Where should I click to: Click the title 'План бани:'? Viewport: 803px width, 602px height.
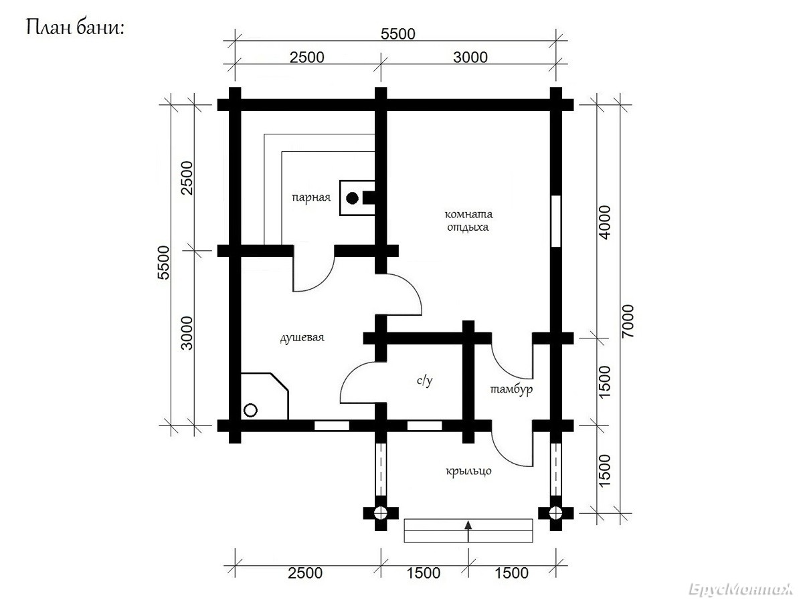pos(75,28)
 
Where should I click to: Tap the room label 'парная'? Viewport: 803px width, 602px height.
pos(311,197)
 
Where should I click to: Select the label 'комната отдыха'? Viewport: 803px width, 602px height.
pos(468,221)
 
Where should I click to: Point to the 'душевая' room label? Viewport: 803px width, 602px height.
pos(302,337)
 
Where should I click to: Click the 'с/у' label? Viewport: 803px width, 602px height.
pos(425,381)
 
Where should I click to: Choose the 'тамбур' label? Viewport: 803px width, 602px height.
pos(511,389)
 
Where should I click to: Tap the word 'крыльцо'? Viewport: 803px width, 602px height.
pos(468,471)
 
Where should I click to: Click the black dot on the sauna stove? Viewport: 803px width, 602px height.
pos(352,198)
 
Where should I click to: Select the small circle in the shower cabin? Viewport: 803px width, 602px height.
pos(250,410)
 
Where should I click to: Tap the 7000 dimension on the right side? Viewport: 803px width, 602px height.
pos(628,322)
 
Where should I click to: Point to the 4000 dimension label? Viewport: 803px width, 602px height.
pos(606,223)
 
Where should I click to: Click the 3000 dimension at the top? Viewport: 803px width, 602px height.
pos(470,58)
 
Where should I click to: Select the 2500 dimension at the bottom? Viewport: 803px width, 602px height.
pos(305,573)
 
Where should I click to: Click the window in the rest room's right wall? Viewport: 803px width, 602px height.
pos(555,221)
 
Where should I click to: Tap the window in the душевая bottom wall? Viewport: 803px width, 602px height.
pos(332,426)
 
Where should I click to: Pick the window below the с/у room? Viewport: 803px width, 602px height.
pos(424,426)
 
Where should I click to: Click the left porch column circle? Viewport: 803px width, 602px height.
pos(381,513)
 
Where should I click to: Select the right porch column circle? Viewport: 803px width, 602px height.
pos(555,513)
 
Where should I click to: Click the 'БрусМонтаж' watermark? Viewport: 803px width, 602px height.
pos(740,589)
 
